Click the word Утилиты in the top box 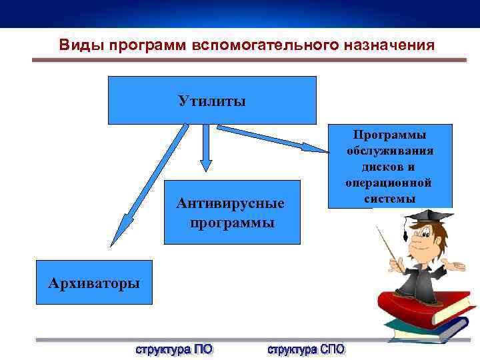pos(211,101)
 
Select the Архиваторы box pos(94,283)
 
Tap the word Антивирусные pos(231,203)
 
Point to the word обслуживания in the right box pos(390,151)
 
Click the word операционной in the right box pos(390,183)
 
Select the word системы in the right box pos(390,199)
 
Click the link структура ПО pos(175,349)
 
